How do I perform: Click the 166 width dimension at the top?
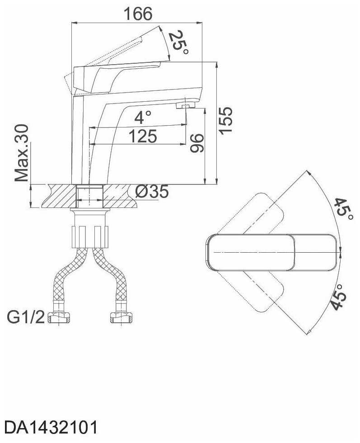pyautogui.click(x=138, y=14)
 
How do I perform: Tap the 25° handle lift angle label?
pyautogui.click(x=178, y=42)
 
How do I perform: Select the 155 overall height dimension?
pyautogui.click(x=226, y=120)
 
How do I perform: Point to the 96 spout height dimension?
pyautogui.click(x=196, y=143)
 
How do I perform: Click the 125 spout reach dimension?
pyautogui.click(x=143, y=137)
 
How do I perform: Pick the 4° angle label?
pyautogui.click(x=143, y=118)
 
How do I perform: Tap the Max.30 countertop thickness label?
pyautogui.click(x=22, y=153)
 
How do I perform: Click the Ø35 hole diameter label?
pyautogui.click(x=152, y=192)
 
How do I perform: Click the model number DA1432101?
pyautogui.click(x=51, y=428)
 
